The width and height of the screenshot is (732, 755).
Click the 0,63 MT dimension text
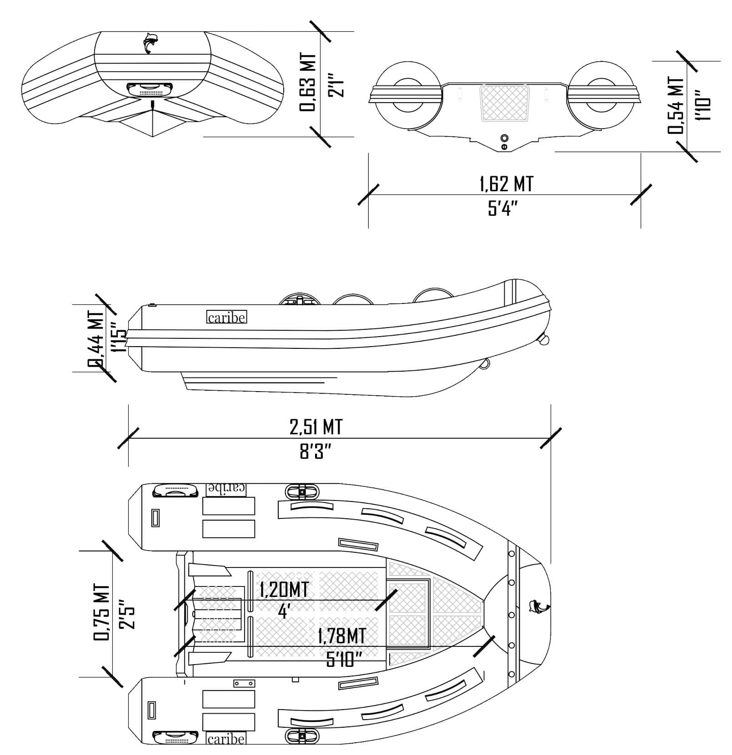[307, 82]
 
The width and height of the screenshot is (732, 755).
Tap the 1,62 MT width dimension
[506, 184]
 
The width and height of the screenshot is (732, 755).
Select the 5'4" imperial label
[503, 209]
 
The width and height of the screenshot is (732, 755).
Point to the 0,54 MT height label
[676, 105]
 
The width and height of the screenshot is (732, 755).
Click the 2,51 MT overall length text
[316, 427]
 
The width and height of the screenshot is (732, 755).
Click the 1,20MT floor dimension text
[284, 590]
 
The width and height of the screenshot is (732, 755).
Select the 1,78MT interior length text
[341, 636]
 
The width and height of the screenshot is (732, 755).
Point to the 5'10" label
[344, 659]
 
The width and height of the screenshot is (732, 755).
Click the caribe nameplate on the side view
[226, 317]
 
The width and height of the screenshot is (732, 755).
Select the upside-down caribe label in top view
[226, 489]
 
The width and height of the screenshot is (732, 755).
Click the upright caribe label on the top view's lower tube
[226, 739]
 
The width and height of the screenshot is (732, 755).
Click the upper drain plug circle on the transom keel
[504, 138]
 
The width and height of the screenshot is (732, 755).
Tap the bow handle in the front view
[150, 89]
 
